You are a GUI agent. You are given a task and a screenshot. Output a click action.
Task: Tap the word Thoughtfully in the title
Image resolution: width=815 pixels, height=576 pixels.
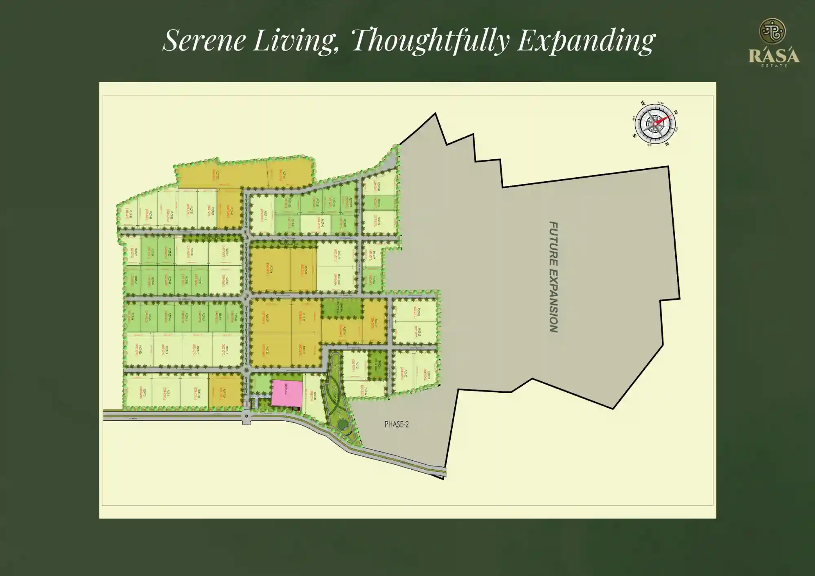pos(430,40)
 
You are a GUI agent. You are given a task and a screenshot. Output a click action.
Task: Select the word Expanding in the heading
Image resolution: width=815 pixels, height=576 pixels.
pos(586,41)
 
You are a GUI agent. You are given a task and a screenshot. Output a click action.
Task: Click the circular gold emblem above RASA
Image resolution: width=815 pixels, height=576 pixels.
pos(772,31)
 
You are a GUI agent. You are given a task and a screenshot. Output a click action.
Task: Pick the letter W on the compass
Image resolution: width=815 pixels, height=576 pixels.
pos(643,103)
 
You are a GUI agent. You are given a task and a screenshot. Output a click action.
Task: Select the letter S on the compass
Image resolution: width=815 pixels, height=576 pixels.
pos(634,136)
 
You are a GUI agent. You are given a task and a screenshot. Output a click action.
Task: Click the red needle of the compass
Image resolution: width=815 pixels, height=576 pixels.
pos(663,119)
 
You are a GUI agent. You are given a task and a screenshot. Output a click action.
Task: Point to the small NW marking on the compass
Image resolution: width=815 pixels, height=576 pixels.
pos(661,103)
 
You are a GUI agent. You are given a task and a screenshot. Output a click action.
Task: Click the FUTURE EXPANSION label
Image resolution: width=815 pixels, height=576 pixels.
pos(553,277)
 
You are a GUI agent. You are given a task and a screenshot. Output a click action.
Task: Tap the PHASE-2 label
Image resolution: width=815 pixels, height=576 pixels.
pos(396,424)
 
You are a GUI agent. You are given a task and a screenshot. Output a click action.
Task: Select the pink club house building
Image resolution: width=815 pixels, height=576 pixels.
pos(287,393)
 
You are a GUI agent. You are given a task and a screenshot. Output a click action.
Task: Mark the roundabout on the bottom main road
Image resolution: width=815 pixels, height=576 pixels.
pos(246,416)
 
